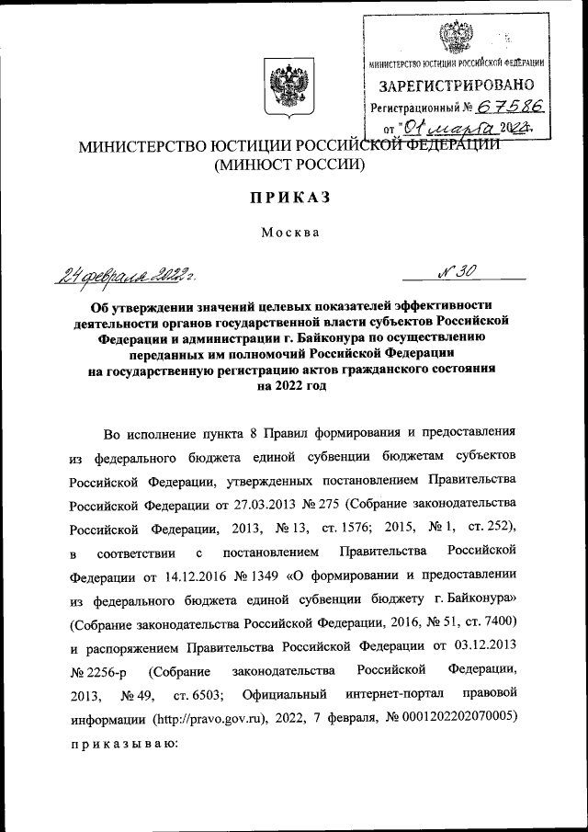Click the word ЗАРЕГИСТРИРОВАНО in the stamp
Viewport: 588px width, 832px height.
[x=458, y=85]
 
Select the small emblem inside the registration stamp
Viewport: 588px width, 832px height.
[x=451, y=36]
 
